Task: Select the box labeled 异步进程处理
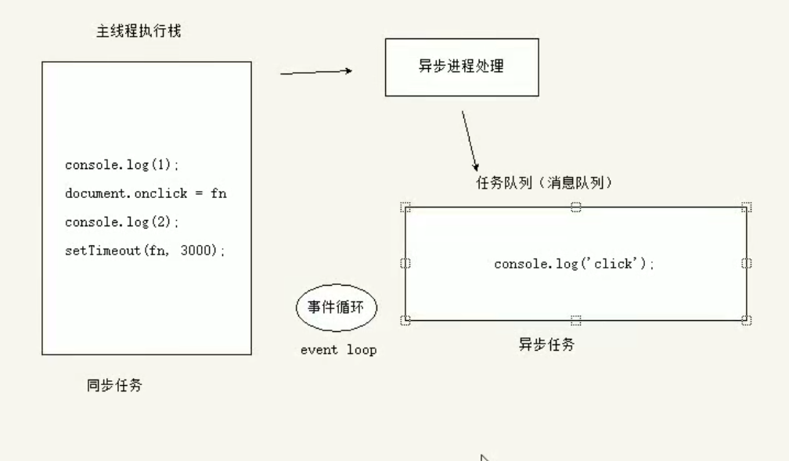tap(461, 67)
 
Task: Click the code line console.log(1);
tap(123, 165)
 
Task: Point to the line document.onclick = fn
tap(145, 193)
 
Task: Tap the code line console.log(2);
tap(123, 222)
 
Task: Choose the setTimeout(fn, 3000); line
tap(145, 250)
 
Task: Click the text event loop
tap(338, 350)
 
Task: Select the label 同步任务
tap(114, 385)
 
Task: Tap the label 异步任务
tap(546, 344)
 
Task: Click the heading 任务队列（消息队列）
tap(544, 183)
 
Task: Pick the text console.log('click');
tap(574, 265)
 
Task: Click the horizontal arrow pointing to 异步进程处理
tap(315, 72)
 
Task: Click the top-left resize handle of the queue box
tap(405, 207)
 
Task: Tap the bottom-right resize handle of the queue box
tap(746, 319)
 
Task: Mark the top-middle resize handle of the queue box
tap(575, 207)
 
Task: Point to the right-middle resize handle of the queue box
tap(746, 264)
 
